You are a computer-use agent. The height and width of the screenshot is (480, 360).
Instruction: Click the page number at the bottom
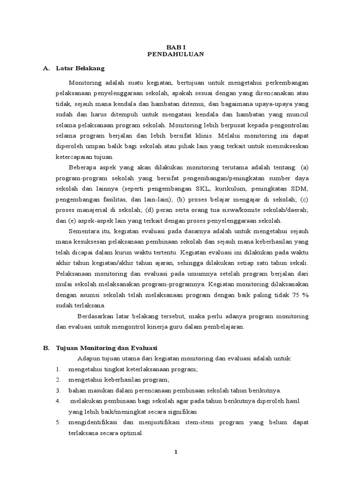tap(176, 452)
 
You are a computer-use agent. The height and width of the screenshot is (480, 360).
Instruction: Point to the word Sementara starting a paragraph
tap(84, 231)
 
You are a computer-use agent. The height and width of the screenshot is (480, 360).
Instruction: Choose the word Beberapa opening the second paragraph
tap(83, 167)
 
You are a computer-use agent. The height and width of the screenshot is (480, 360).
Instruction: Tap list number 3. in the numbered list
tap(58, 390)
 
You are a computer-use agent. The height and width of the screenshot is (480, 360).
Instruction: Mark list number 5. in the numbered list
tap(58, 422)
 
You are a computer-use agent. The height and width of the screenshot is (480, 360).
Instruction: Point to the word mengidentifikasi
tap(94, 422)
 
